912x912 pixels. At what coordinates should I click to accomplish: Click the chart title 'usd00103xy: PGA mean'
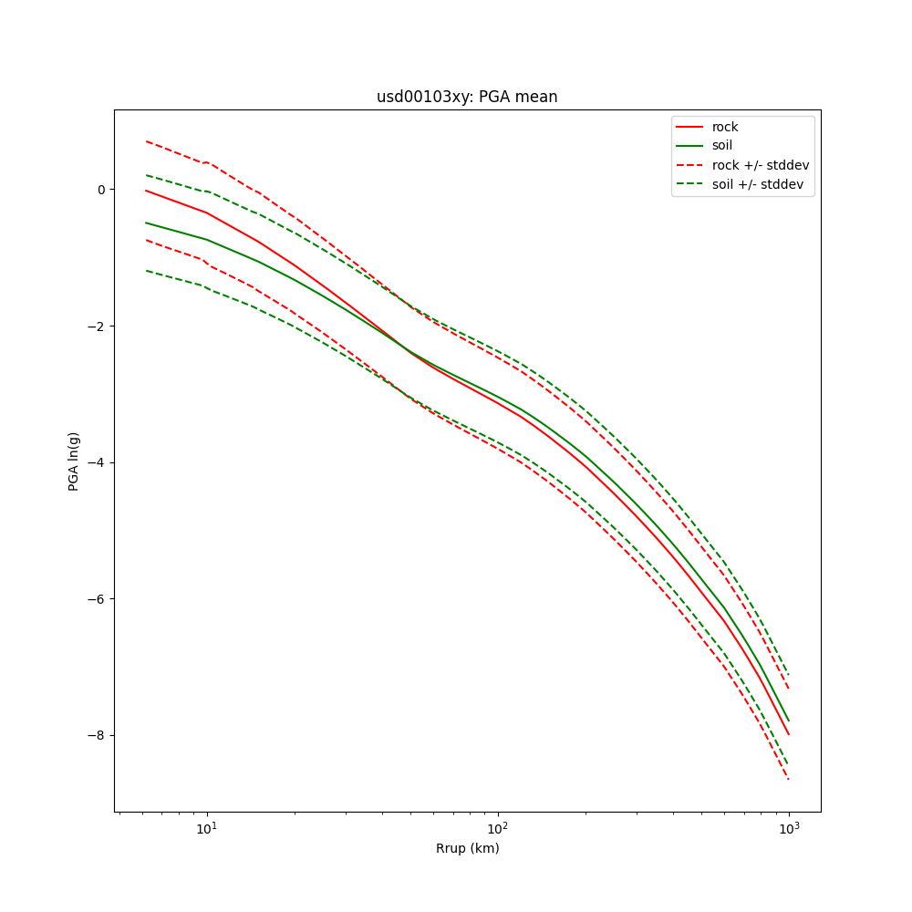467,97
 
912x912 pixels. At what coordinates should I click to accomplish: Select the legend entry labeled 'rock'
725,127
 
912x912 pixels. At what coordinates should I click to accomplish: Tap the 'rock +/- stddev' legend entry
761,165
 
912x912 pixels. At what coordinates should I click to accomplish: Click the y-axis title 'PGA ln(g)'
74,461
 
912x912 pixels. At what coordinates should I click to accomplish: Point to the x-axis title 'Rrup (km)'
467,848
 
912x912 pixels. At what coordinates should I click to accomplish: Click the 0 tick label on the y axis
100,190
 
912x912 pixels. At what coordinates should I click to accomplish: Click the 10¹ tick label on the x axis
207,826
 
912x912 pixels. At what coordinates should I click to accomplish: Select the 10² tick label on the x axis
498,826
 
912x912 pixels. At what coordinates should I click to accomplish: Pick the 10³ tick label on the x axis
789,826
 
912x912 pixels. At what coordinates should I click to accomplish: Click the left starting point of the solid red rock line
146,191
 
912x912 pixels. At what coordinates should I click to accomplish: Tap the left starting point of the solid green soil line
146,223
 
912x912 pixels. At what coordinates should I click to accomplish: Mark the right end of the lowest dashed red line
789,780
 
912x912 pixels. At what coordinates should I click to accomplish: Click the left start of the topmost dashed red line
146,141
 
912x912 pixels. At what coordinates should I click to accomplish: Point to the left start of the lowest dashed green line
146,271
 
